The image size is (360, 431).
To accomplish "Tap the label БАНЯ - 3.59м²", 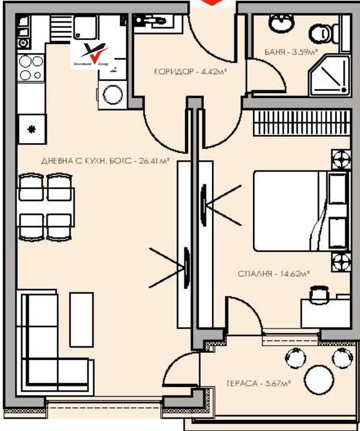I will pos(284,52).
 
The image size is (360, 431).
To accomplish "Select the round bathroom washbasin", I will pos(278,23).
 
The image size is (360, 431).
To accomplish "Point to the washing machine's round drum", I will pos(112,95).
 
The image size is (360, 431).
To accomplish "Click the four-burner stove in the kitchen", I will pos(31,68).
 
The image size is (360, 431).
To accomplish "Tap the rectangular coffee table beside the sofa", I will pos(81,318).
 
